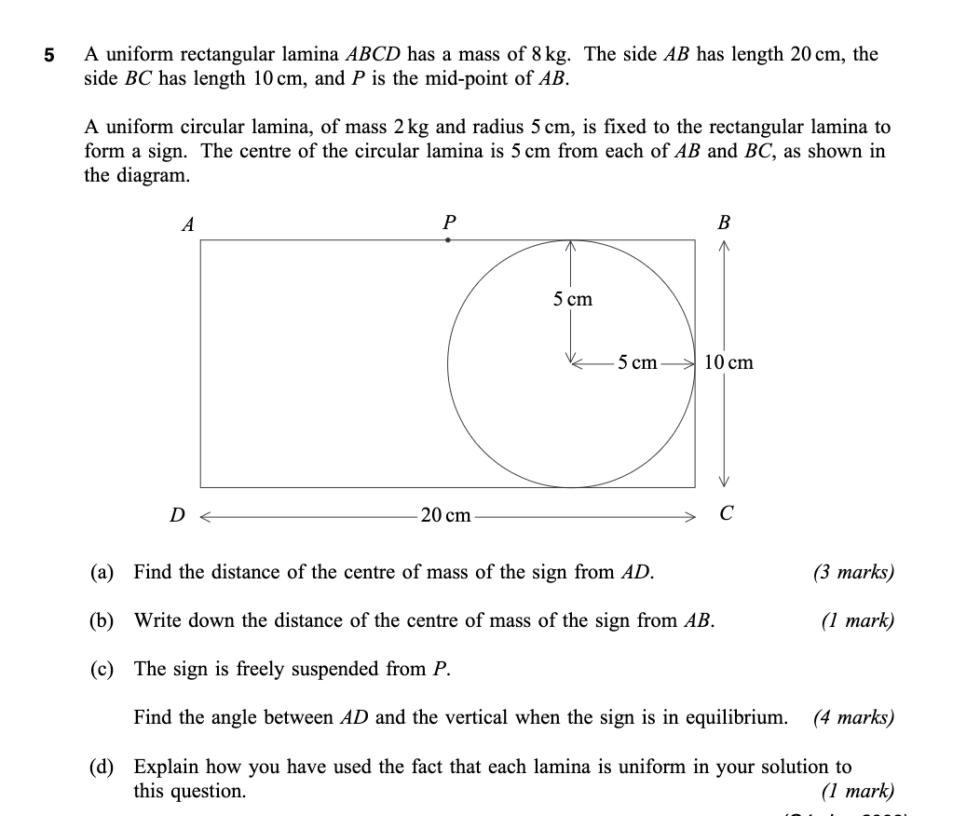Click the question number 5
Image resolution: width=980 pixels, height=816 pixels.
click(x=49, y=55)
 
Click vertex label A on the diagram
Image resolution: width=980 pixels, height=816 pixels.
click(x=188, y=224)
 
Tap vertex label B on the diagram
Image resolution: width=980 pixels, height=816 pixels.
click(x=724, y=224)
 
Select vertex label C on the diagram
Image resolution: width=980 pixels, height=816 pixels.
click(x=727, y=513)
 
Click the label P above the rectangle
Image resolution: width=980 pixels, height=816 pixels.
click(x=449, y=222)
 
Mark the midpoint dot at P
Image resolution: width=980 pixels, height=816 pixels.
click(x=448, y=240)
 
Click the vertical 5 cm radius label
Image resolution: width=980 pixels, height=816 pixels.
click(x=572, y=299)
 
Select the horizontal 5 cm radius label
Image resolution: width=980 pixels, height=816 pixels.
click(x=637, y=362)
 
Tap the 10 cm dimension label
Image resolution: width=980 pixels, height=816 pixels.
click(x=729, y=362)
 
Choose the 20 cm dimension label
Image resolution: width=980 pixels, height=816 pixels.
click(x=446, y=515)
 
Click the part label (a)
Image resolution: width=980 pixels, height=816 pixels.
click(x=102, y=572)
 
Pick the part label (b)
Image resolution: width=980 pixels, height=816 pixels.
click(x=102, y=620)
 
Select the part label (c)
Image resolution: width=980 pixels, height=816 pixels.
click(x=102, y=669)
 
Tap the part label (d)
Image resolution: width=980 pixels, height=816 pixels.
click(x=102, y=768)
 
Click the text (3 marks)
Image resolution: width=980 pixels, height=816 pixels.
click(x=853, y=572)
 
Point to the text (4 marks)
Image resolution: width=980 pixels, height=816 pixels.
click(x=853, y=718)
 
